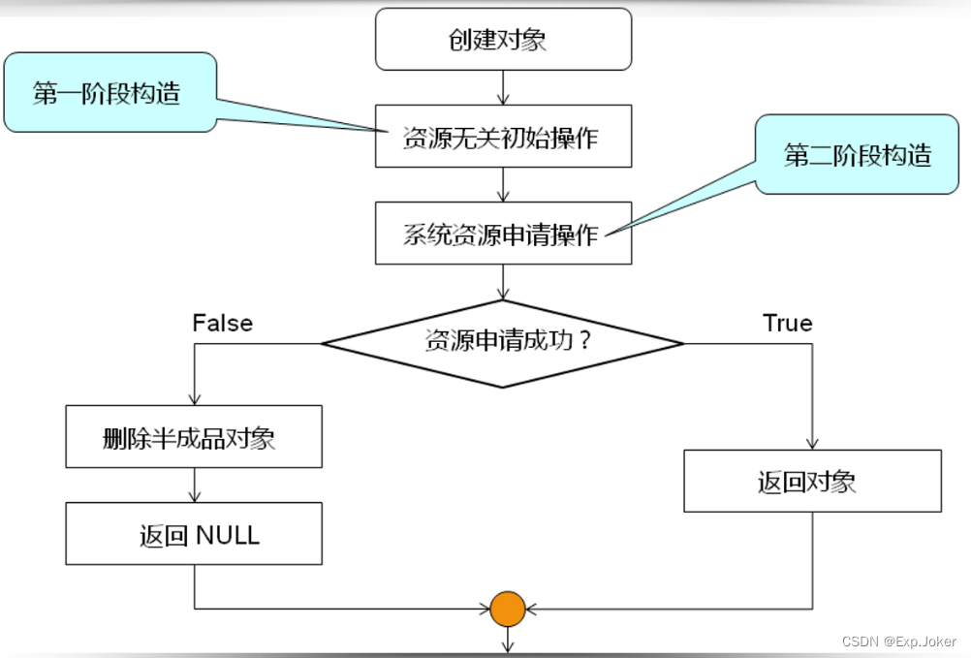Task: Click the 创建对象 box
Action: click(503, 40)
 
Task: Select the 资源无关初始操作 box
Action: click(503, 137)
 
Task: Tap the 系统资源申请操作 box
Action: click(503, 234)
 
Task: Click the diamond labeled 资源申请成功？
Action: click(503, 342)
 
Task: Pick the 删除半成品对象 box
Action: click(194, 437)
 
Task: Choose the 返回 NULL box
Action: click(194, 534)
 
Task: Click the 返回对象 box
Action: click(812, 482)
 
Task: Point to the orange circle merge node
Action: click(507, 609)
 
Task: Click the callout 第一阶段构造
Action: click(108, 93)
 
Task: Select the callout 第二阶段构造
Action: click(857, 155)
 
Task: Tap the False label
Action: click(222, 323)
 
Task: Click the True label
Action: click(787, 323)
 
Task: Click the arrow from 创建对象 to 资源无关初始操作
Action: click(503, 88)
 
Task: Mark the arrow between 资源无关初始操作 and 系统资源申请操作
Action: click(503, 185)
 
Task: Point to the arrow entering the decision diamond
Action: click(503, 282)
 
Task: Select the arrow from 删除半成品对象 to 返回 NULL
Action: click(195, 486)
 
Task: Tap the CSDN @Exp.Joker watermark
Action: click(899, 642)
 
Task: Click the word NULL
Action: click(228, 535)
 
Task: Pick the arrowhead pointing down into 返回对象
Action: click(812, 443)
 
